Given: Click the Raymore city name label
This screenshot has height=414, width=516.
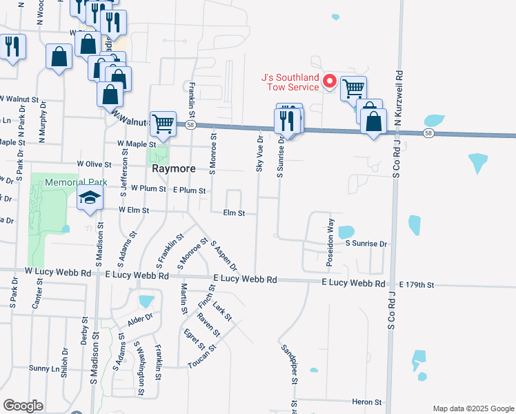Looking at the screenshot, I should click(173, 168).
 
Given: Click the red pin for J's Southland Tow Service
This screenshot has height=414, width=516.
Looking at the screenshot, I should click(330, 81).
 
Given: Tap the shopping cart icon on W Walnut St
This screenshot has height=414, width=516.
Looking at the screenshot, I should click(163, 124).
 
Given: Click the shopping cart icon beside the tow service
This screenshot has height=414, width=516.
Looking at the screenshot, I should click(353, 88).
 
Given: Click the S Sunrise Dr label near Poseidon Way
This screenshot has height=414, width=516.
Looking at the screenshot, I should click(366, 244).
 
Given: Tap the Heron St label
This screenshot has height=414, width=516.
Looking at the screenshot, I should click(366, 402).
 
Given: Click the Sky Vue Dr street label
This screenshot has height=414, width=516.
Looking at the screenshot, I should click(260, 153).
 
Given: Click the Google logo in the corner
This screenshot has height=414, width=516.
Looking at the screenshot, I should click(23, 406).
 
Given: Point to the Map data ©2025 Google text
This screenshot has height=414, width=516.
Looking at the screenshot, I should click(473, 408).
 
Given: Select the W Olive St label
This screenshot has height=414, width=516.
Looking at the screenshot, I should click(94, 164).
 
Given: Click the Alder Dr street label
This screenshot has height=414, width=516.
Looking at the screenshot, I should click(139, 320).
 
